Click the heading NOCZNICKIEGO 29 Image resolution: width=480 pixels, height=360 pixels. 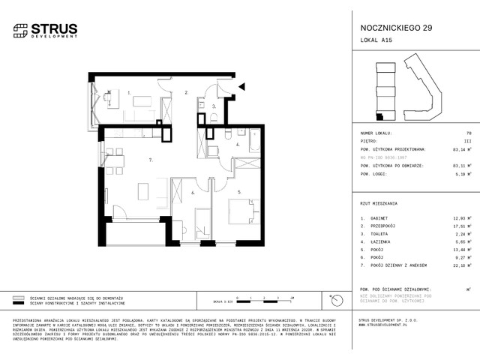pyautogui.click(x=381, y=28)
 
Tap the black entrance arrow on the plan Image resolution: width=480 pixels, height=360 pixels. pyautogui.click(x=241, y=87)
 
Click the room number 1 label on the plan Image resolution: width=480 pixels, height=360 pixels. pyautogui.click(x=129, y=94)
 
